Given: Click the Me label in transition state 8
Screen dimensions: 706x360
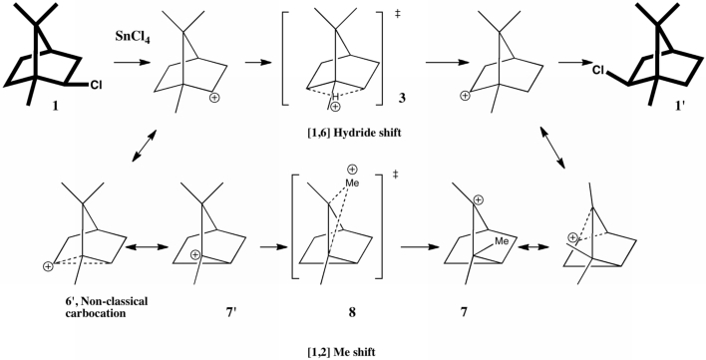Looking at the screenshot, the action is point(353,183).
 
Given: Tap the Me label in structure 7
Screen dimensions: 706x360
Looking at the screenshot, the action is point(502,241).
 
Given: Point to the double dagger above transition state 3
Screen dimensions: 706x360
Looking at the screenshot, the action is point(398,14).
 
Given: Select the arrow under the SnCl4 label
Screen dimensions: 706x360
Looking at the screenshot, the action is point(132,63).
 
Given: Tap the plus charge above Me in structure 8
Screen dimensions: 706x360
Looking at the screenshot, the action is point(352,170).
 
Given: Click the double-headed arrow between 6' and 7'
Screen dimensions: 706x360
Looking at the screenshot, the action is point(147,247).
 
